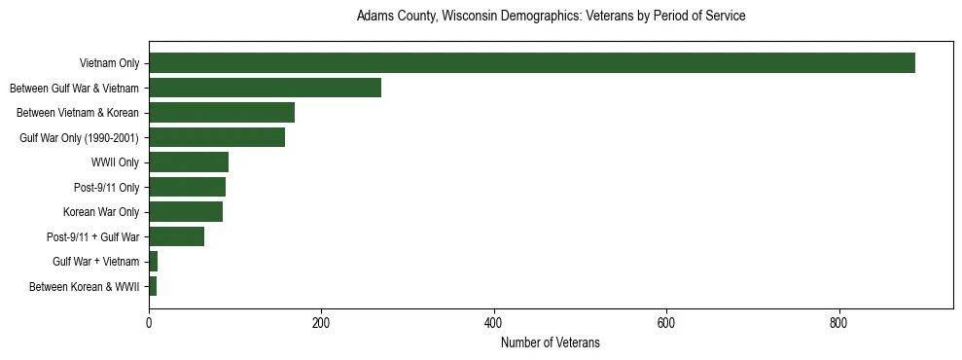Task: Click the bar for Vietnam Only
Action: tap(532, 63)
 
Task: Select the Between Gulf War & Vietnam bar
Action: tap(265, 88)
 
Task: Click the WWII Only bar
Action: tap(189, 162)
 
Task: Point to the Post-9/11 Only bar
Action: tap(187, 187)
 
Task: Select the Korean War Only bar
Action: tap(186, 212)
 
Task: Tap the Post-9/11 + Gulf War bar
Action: tap(176, 236)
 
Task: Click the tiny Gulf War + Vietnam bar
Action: tap(154, 262)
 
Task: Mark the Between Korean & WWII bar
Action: tap(153, 286)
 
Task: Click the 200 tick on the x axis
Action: tap(321, 322)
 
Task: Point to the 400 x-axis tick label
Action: tap(494, 322)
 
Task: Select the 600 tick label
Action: tap(666, 322)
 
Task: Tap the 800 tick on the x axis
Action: tap(838, 322)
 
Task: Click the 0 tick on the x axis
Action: tap(149, 322)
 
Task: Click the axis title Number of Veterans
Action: tap(550, 342)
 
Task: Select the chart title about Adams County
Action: tap(551, 17)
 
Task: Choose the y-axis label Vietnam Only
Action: tap(109, 64)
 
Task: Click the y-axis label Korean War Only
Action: tap(101, 212)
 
